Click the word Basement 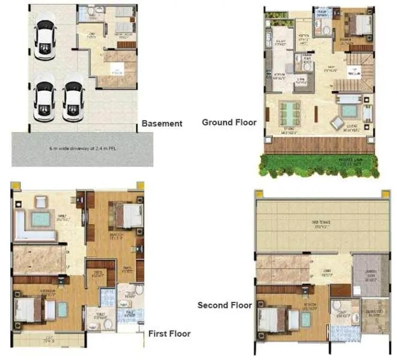tap(162, 124)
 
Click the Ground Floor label tap(229, 122)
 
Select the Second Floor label tap(225, 305)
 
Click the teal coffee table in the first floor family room tap(41, 220)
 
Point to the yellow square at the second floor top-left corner tap(258, 194)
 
